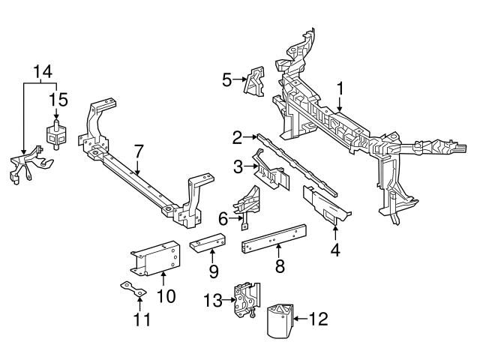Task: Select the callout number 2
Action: point(237,137)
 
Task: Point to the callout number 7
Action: point(138,151)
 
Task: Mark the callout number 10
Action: point(166,296)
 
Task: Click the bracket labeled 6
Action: point(247,205)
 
